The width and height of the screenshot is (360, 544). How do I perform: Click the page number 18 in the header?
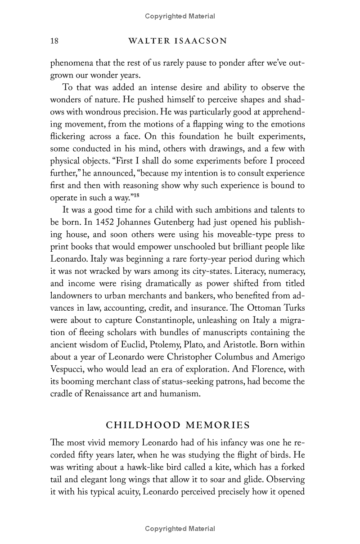pos(54,41)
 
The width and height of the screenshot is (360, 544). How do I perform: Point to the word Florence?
pos(264,369)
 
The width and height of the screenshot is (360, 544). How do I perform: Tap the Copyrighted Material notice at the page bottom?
pos(180,529)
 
